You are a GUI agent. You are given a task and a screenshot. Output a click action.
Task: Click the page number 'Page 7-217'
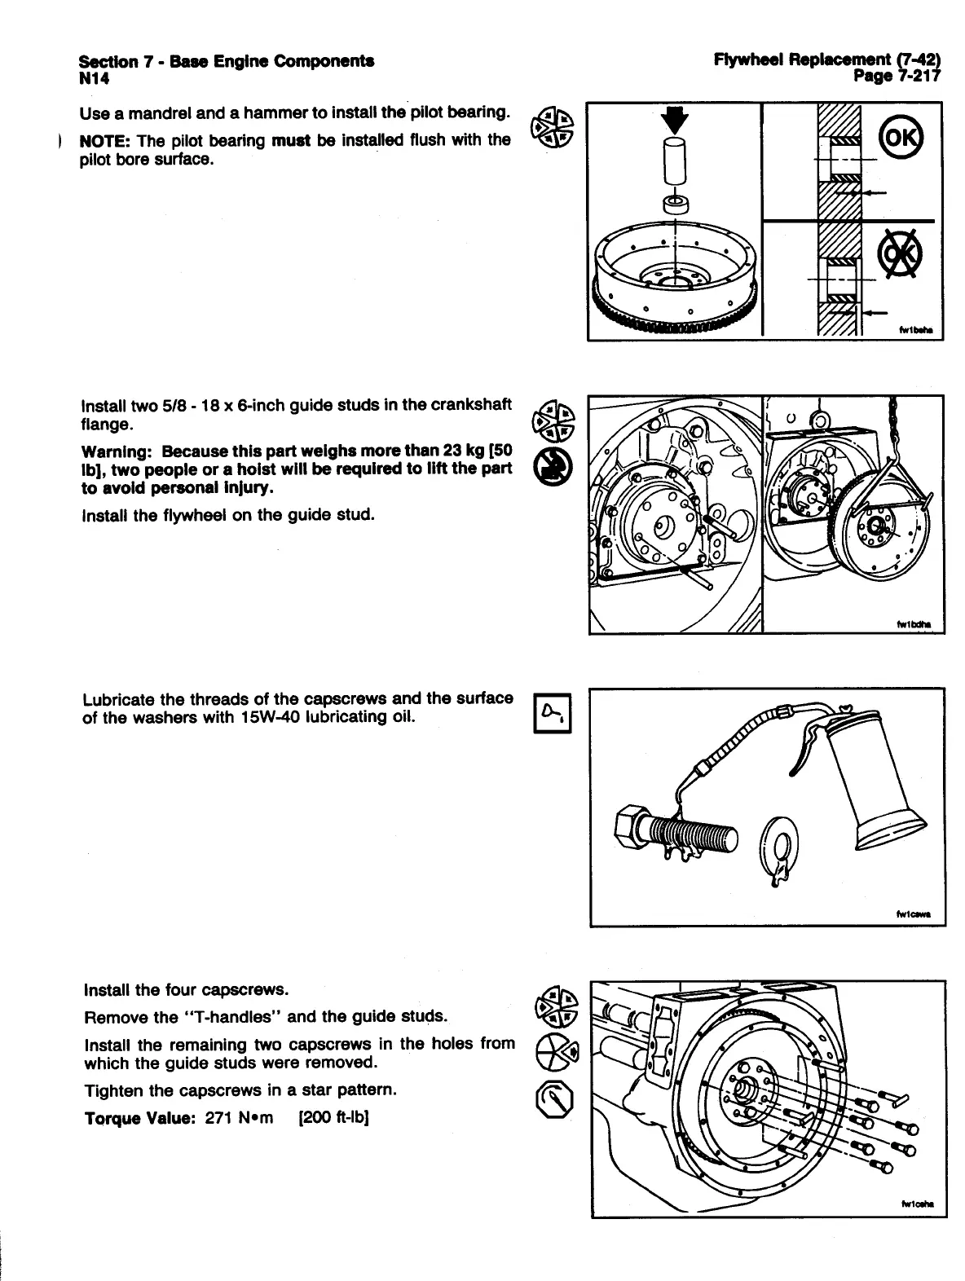pos(896,77)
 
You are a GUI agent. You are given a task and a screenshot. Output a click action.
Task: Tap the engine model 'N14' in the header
pos(94,79)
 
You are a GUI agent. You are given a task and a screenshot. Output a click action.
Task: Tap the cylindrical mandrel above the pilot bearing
pos(676,163)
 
